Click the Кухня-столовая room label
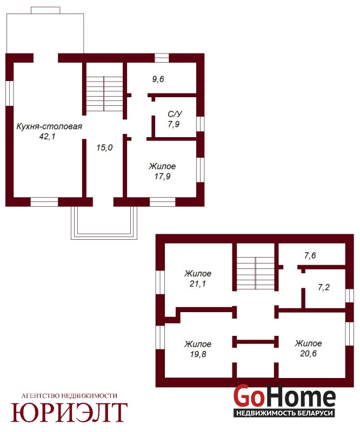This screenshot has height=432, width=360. point(49,126)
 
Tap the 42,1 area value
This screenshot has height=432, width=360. point(48,137)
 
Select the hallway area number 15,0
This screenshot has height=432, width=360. point(104,147)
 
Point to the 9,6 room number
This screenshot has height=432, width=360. point(158,79)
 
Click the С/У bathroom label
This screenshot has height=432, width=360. point(175,114)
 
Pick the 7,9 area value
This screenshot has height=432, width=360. point(174,124)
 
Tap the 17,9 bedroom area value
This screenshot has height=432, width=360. point(162,177)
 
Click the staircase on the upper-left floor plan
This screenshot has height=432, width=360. point(104,93)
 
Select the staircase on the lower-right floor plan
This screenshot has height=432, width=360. point(256,273)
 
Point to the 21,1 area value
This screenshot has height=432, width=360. point(198,284)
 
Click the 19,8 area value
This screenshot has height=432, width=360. point(198,354)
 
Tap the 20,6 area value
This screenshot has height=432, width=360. point(309,354)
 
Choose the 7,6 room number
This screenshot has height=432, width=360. point(310,256)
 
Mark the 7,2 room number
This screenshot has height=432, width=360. point(324,288)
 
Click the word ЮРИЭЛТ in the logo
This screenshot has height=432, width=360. point(69,412)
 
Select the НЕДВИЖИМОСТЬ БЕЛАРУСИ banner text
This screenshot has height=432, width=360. point(284,413)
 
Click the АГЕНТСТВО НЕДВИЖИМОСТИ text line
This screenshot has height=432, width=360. point(69,396)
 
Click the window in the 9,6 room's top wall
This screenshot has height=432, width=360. point(162,58)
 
